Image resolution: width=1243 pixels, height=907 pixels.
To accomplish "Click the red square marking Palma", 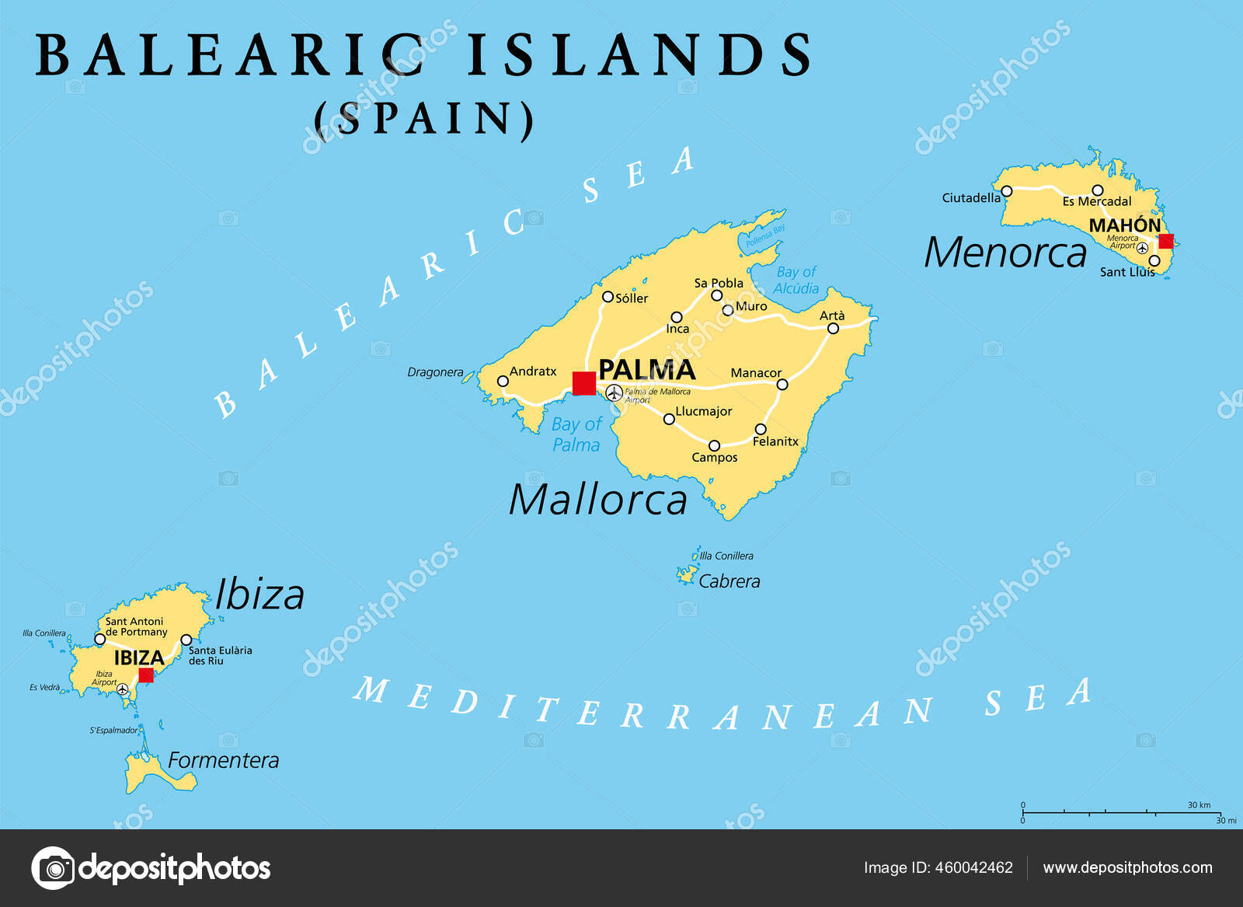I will (584, 383).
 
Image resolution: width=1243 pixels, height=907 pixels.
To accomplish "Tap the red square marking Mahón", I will (1165, 241).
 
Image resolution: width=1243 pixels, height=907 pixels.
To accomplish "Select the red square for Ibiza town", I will (146, 675).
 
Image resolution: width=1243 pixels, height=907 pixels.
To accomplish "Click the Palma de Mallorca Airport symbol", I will (615, 392).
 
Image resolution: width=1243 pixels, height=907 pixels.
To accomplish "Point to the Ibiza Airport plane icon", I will (123, 689).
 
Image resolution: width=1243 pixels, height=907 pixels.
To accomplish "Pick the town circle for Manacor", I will (782, 384).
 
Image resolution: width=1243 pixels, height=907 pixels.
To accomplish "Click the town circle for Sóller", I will (608, 296).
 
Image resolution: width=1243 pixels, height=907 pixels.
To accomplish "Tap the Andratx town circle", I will (503, 381).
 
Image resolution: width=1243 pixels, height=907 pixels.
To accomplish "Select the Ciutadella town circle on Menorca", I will (1007, 191).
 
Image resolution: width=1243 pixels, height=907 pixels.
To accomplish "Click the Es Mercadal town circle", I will (1097, 190).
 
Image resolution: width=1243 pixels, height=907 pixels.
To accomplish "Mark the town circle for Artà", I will (833, 329).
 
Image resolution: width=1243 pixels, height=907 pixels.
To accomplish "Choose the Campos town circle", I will (714, 446).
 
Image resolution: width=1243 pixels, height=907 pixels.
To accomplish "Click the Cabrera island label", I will (729, 581).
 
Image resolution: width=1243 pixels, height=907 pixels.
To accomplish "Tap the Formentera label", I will (223, 760).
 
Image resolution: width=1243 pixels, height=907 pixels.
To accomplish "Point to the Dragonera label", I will (435, 372).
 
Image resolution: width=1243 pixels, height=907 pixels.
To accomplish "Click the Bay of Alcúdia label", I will (796, 280).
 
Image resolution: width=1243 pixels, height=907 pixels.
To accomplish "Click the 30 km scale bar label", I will (1199, 805).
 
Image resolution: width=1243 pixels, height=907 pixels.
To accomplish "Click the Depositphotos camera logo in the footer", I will (54, 867).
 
